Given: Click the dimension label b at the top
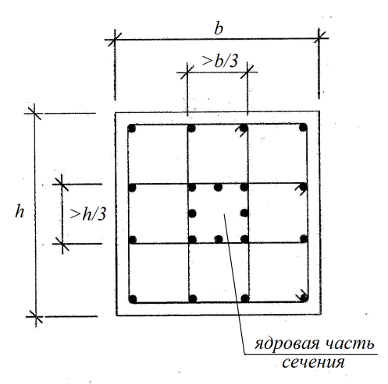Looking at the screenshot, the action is click(x=219, y=29).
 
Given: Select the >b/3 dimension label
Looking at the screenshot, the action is click(x=220, y=62).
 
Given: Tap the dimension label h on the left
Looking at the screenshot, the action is click(x=20, y=211).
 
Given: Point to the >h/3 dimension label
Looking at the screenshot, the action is click(x=88, y=214).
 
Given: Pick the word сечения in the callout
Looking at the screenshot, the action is click(x=313, y=362).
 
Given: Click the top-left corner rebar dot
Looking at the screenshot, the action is click(x=132, y=129).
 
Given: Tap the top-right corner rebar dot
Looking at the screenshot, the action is click(x=303, y=128).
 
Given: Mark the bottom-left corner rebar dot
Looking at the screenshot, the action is click(x=133, y=299).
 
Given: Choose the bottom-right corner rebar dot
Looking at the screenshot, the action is click(x=304, y=298).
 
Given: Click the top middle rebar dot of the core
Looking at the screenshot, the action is click(x=218, y=187).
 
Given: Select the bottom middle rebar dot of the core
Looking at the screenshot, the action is click(x=219, y=239).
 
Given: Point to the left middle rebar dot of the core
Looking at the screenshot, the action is click(x=192, y=213).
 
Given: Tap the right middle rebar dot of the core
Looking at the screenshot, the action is click(x=244, y=213).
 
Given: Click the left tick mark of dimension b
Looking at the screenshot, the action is click(x=115, y=40).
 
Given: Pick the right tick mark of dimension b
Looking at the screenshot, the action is click(x=319, y=38).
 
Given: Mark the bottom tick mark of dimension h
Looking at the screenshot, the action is click(x=35, y=316).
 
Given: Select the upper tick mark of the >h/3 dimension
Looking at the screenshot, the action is click(x=62, y=185).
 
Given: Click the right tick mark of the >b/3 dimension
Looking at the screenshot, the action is click(x=247, y=72).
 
